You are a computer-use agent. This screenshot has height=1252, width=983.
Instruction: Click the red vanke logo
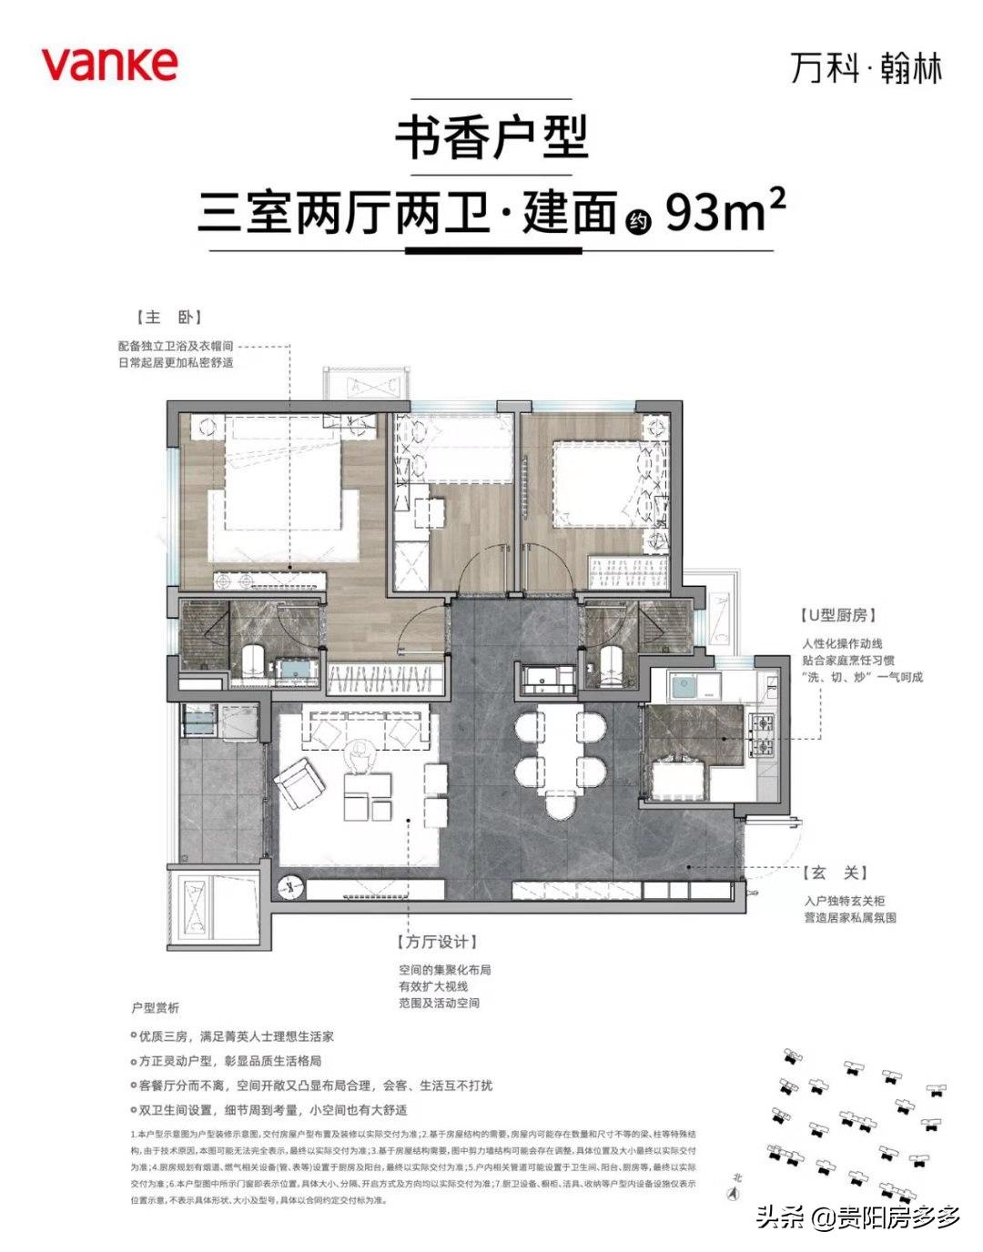tap(109, 65)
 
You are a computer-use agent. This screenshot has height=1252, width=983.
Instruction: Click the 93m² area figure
tap(725, 214)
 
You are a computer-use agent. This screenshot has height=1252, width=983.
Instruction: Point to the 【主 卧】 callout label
tap(167, 318)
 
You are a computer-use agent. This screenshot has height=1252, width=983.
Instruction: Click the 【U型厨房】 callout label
tap(833, 616)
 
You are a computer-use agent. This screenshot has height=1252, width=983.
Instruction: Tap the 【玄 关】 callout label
tap(835, 873)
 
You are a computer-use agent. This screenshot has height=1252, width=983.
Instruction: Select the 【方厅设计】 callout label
tap(438, 942)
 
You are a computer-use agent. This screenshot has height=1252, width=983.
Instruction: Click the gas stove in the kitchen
tap(761, 735)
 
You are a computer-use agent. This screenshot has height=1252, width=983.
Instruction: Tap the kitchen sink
tap(684, 686)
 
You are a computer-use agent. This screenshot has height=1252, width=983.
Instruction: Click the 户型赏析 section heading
tap(156, 1008)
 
